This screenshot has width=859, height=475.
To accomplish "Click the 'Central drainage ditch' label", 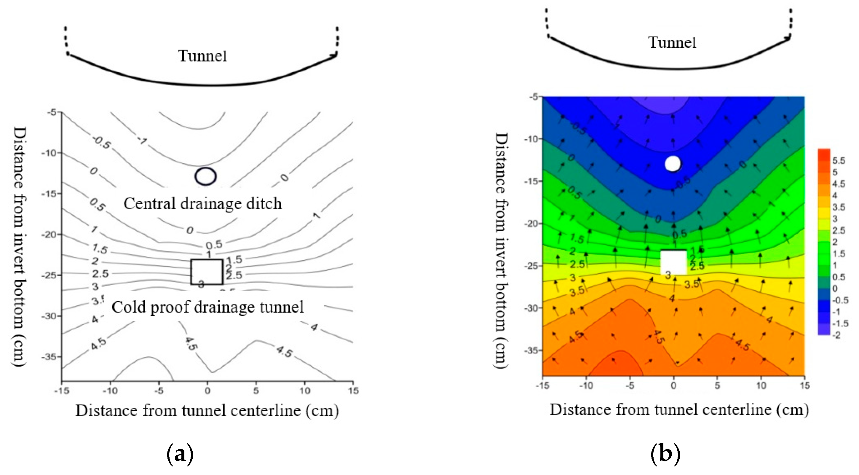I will pos(202,203).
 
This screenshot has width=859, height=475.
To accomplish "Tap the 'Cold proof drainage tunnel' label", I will pos(207,307).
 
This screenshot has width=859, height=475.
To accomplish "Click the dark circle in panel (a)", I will pos(205,176).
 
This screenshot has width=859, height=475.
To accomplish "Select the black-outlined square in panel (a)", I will pos(207,272).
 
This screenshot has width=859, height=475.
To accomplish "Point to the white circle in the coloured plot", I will pos(673,164).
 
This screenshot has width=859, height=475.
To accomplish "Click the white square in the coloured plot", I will pos(673,262).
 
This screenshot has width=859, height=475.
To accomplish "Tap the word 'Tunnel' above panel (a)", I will pos(202,56).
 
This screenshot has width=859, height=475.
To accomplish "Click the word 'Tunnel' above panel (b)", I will pos(672,43).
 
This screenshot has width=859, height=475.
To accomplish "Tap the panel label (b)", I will pos(665,454).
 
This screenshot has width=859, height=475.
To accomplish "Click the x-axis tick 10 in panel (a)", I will pos(305,390).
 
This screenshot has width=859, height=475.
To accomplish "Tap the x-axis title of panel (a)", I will pos(207,410).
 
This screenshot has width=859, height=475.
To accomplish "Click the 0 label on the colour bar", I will pos(835,288).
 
